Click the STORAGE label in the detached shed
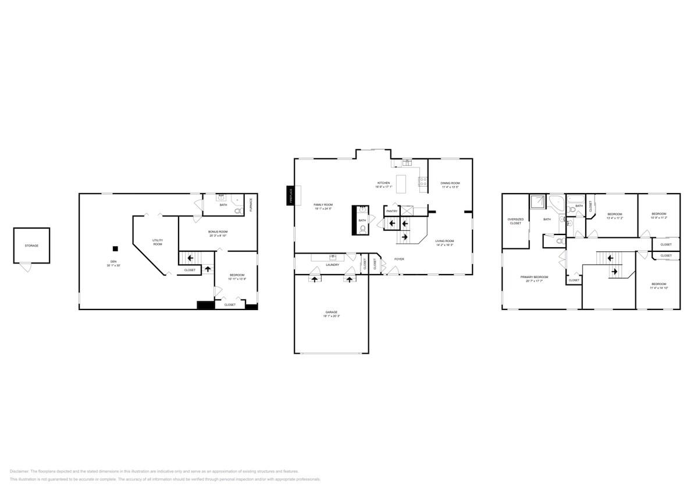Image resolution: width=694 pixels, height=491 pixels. pos(31,245)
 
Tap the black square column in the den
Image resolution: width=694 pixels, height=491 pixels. pos(115,249)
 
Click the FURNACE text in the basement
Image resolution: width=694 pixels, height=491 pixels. pos(251,204)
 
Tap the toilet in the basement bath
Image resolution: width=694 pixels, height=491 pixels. pos(238,211)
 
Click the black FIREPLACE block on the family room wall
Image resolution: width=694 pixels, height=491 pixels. pos(290,195)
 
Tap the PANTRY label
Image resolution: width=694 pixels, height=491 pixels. pos(392,211)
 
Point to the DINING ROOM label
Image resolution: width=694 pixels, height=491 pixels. pos(450,183)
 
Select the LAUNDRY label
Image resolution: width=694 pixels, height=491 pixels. pos(332,265)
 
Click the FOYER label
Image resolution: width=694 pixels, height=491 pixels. pos(399,259)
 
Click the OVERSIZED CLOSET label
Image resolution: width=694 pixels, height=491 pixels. pos(515,221)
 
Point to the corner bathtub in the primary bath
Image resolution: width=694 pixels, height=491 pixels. pos(556,203)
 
